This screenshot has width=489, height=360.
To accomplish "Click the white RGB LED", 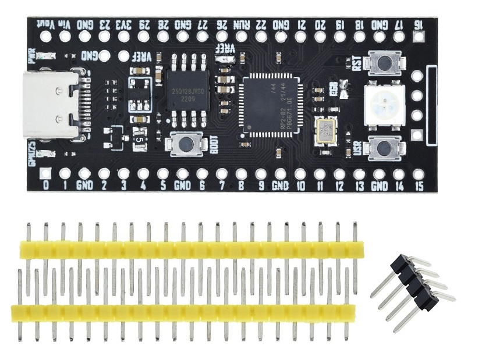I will [x=381, y=104].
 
